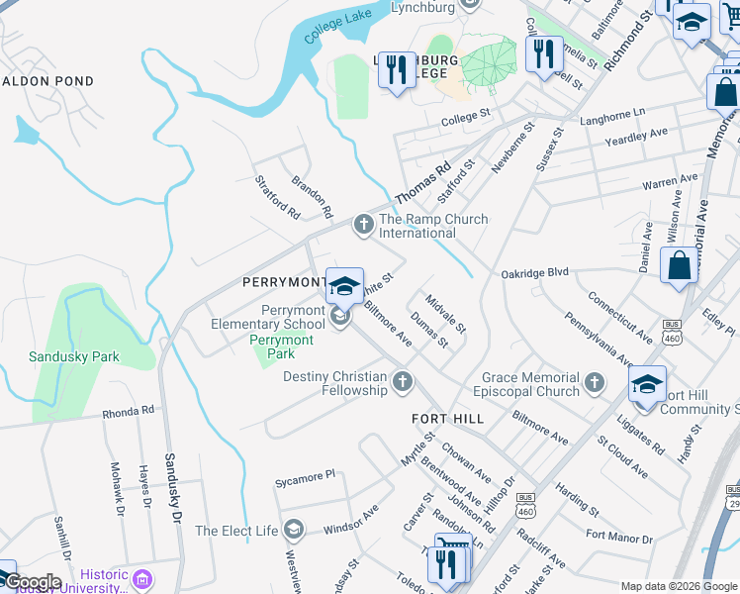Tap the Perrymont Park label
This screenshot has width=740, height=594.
(x=281, y=346)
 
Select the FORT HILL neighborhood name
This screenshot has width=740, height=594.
(x=448, y=419)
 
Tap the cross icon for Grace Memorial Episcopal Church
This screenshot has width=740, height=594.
(x=594, y=383)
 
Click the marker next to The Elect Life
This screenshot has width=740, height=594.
(x=292, y=531)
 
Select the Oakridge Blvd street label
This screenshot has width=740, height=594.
(x=535, y=272)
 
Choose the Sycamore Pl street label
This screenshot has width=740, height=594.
(x=306, y=478)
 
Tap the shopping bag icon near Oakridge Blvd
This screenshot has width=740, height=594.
(x=679, y=265)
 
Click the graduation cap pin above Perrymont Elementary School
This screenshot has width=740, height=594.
(x=344, y=286)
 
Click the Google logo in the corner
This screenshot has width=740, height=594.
(x=32, y=582)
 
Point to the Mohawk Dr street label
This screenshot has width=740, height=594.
(x=116, y=480)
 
